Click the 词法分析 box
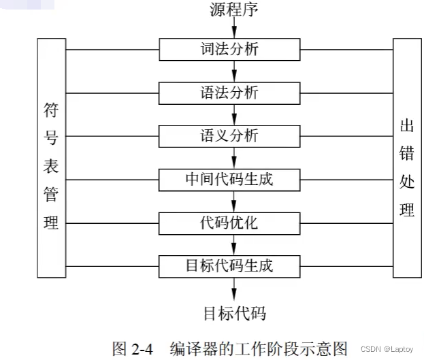pos(230,50)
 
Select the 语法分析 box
pos(230,93)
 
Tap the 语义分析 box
pos(230,135)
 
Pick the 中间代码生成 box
pos(230,180)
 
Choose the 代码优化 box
pos(230,223)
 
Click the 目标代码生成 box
pos(230,265)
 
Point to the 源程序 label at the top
pos(234,10)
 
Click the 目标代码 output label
pos(234,314)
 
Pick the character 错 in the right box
pos(407,154)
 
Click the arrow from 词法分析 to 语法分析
pos(234,71)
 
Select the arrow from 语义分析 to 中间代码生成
pos(234,157)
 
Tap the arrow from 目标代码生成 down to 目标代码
pos(234,287)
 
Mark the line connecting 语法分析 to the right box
pos(346,93)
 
